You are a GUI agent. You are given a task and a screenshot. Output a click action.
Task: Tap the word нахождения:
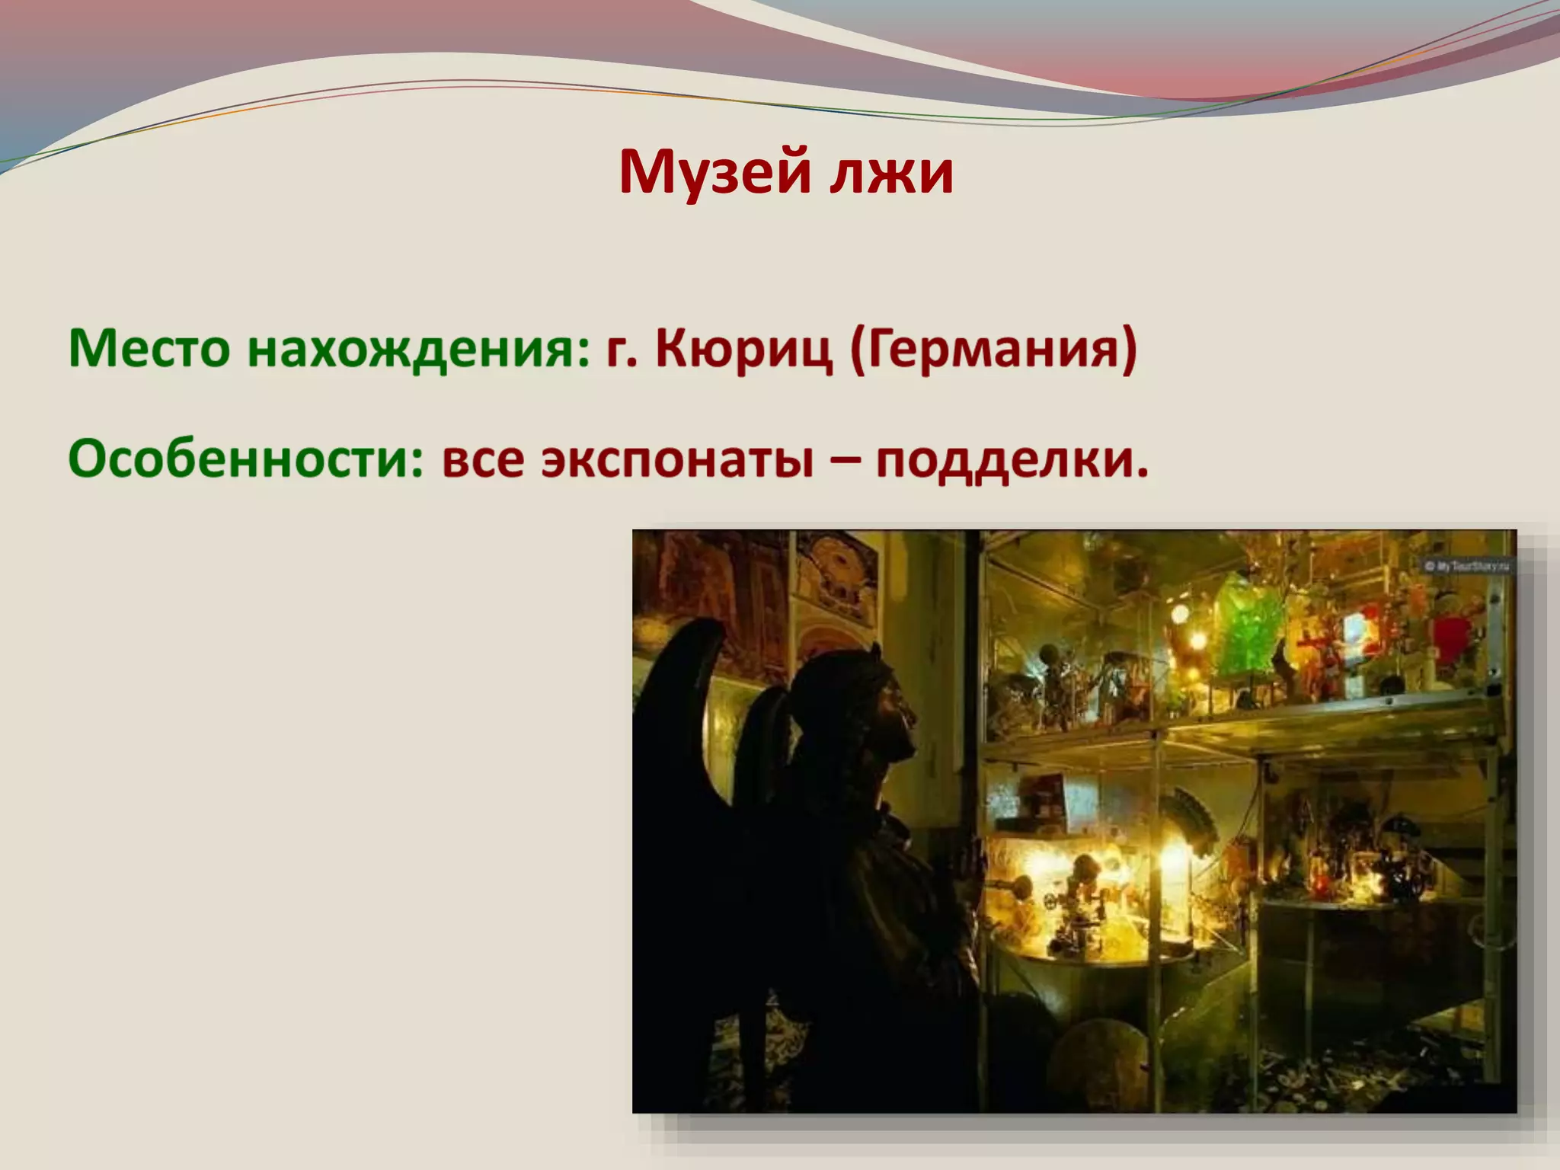coord(419,349)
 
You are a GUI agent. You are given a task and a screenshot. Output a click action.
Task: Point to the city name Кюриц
coord(743,349)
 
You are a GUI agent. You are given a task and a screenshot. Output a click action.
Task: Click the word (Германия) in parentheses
coord(993,349)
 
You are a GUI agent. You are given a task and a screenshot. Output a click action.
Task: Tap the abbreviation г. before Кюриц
coord(622,349)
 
